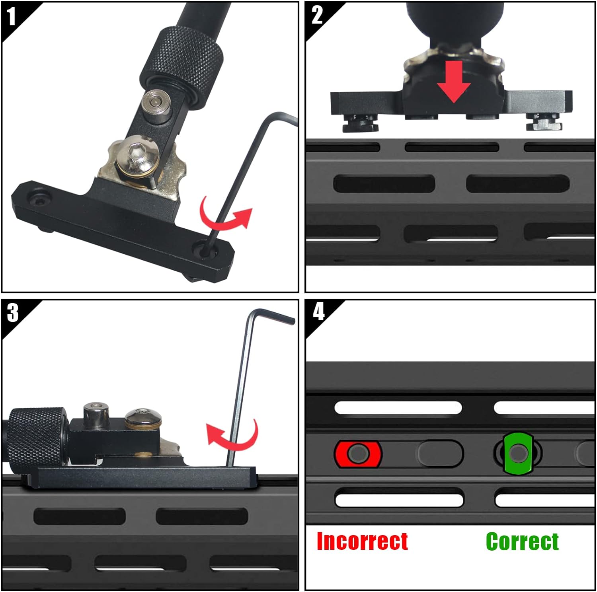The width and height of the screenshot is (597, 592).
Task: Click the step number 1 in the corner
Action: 11,17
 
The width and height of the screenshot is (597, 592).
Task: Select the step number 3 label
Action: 13,313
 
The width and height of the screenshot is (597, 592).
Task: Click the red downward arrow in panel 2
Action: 454,82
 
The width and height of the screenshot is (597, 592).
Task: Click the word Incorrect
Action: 362,541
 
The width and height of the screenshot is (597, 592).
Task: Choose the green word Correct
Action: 522,541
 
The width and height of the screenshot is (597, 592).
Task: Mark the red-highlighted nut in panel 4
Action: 358,454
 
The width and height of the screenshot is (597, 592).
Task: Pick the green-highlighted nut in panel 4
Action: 518,453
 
